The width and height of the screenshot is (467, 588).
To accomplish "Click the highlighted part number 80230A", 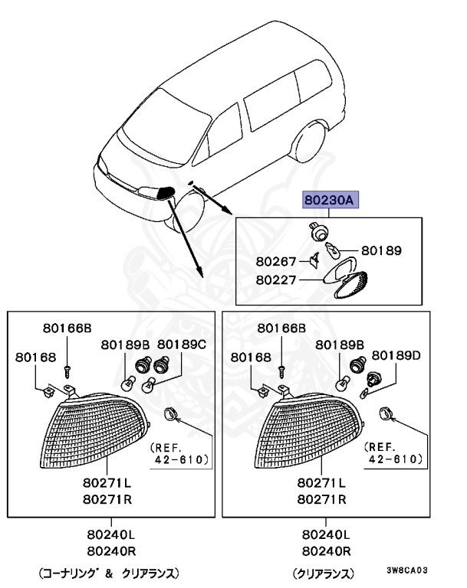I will tap(329, 200).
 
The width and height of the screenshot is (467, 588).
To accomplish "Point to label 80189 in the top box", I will tap(381, 250).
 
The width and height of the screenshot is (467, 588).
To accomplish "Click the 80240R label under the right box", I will tap(326, 549).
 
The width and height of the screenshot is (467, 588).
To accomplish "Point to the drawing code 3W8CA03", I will tap(406, 570).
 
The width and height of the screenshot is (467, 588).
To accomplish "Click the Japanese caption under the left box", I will tap(108, 572).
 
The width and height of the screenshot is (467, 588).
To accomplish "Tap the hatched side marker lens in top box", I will tap(352, 288).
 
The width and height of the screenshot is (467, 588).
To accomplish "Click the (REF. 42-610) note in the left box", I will tap(179, 452).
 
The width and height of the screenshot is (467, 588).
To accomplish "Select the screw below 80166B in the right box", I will tap(281, 369).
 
